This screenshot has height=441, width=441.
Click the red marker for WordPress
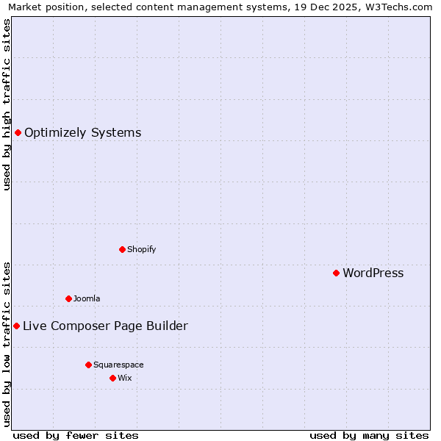tap(336, 273)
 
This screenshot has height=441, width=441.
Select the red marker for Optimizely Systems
tap(18, 132)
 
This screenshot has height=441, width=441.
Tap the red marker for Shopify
tap(122, 249)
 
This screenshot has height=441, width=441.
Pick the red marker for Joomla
tap(68, 298)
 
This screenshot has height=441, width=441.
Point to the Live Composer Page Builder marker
tap(16, 326)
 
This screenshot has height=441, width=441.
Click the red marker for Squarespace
tap(88, 365)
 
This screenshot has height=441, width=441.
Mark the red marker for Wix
tap(112, 378)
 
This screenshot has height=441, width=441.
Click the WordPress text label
tap(373, 273)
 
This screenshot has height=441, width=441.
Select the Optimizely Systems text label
tap(82, 133)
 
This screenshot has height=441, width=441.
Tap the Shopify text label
tap(141, 249)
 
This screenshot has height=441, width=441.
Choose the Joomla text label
tap(87, 298)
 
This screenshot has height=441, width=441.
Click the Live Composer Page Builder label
tap(105, 326)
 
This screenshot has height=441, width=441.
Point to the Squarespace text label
tap(118, 365)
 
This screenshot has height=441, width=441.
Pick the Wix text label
tap(124, 378)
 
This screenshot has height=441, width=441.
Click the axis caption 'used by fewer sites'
tap(76, 435)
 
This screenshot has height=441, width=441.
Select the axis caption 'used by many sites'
tap(369, 435)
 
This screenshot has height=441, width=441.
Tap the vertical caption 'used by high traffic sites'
tap(7, 104)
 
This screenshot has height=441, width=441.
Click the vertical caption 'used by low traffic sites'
tap(7, 343)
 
